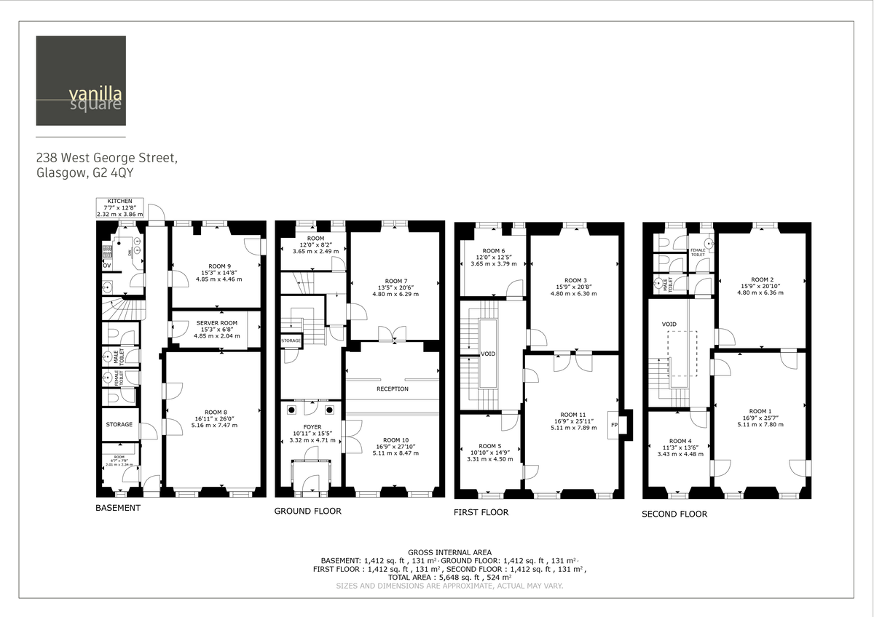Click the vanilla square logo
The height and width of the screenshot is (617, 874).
click(80, 81)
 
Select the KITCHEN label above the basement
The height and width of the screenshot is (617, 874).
click(119, 201)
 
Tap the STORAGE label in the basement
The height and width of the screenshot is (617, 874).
click(119, 424)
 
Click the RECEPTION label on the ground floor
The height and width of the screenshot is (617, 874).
click(392, 389)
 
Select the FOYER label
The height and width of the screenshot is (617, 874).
click(312, 427)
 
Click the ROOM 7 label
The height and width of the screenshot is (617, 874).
click(395, 281)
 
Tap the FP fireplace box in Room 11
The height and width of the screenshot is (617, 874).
click(614, 425)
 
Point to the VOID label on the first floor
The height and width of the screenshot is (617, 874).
click(487, 354)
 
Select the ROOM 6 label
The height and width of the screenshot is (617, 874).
click(492, 250)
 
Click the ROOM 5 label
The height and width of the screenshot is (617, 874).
click(490, 446)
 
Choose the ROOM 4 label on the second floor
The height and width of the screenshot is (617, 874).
click(680, 441)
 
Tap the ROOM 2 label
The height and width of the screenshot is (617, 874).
click(761, 279)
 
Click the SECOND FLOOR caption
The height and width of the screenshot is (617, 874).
click(674, 514)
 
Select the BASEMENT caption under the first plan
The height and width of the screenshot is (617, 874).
click(118, 507)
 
